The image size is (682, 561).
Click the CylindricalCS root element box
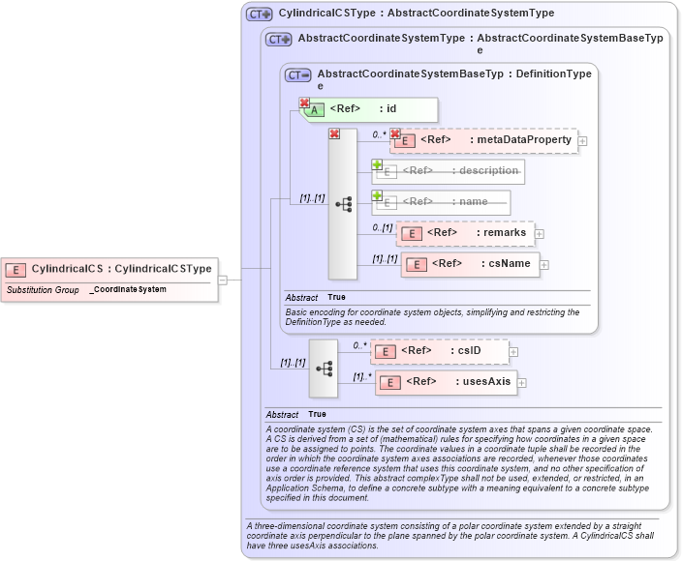108,268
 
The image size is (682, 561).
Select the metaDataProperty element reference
484,140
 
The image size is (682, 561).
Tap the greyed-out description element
449,171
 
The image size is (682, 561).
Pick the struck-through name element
442,201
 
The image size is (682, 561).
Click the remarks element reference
465,233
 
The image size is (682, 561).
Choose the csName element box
471,264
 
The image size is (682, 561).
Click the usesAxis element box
446,382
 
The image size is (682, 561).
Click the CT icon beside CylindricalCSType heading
259,14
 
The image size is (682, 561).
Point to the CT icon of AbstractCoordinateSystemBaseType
297,74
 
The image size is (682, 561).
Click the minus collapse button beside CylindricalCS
223,280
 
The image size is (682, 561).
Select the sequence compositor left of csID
324,368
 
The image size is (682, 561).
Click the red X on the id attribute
304,103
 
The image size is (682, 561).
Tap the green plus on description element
378,165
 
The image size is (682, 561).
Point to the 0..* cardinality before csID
359,344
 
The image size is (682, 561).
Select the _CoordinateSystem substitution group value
128,289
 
